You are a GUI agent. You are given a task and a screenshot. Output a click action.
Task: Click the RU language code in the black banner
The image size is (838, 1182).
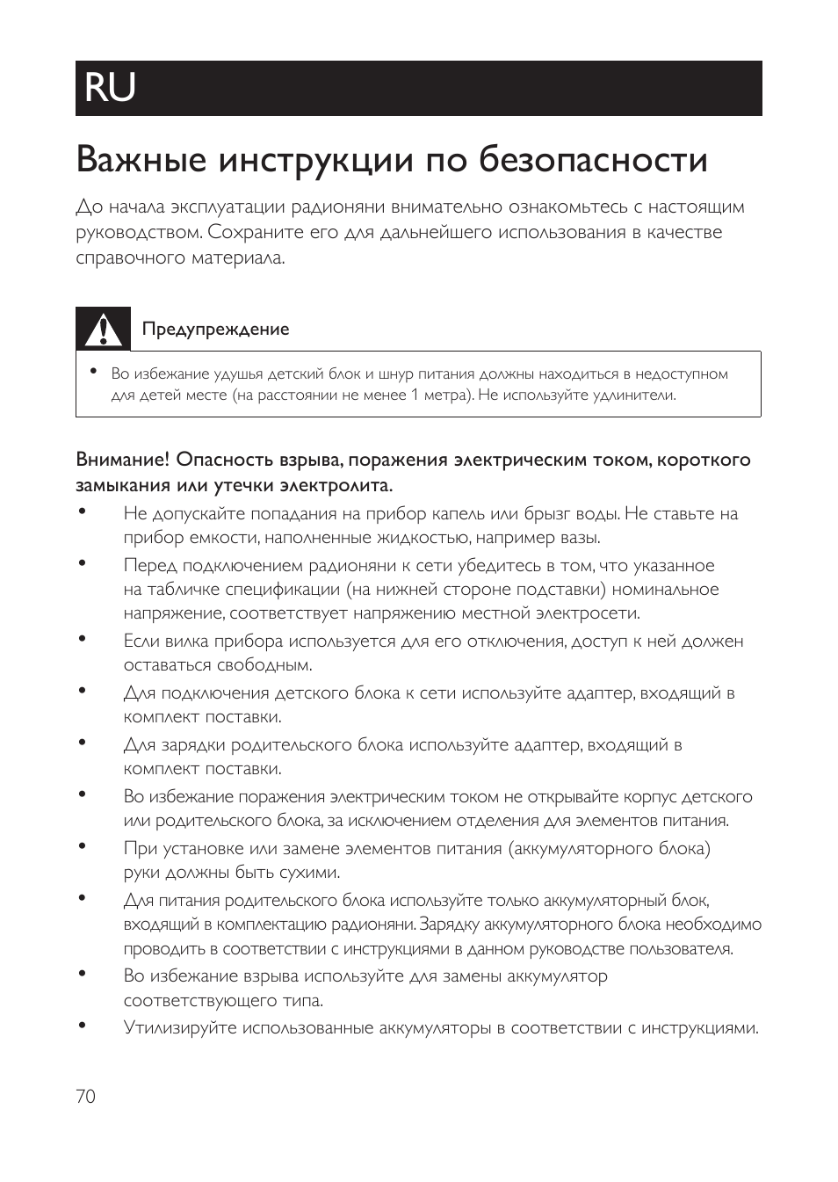click(111, 88)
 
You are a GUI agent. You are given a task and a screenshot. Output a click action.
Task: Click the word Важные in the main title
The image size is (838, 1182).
click(141, 161)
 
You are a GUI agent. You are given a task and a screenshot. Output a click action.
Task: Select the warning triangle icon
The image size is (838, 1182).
click(103, 329)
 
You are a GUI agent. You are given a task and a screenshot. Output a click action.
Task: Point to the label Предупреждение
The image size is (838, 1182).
click(215, 330)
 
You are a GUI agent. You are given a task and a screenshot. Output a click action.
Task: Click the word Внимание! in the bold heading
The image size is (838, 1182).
click(122, 460)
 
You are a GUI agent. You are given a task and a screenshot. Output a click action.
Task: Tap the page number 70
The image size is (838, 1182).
click(85, 1096)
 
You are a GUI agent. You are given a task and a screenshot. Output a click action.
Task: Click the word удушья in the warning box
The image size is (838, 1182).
click(238, 374)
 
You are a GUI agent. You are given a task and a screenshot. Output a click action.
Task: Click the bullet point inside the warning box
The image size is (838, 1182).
click(92, 373)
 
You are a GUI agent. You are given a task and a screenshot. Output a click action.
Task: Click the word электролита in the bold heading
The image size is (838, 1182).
click(335, 485)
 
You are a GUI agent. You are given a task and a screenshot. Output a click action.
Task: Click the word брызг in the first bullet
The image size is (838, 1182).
click(547, 514)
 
